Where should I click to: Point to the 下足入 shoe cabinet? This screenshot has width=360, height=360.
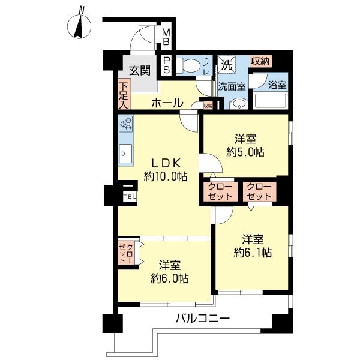click(x=123, y=95)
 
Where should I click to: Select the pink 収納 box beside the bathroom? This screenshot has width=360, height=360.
click(x=260, y=61)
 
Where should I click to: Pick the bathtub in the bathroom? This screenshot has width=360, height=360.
click(x=270, y=100)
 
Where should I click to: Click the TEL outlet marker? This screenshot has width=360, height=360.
click(x=130, y=196)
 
